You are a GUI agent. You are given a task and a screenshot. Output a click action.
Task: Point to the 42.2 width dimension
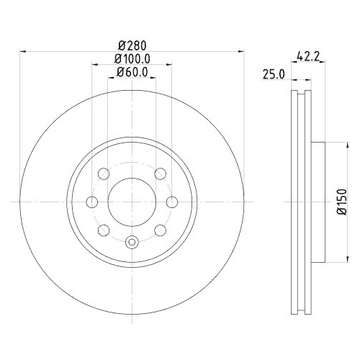(309, 54)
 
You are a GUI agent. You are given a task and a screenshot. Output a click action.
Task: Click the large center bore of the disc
(132, 202)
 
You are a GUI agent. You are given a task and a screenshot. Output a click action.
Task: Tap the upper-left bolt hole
(102, 174)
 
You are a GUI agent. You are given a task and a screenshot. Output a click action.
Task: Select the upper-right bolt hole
(161, 174)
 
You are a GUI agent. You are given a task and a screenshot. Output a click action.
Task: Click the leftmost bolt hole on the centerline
(91, 202)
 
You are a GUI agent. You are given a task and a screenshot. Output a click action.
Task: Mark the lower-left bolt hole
(102, 230)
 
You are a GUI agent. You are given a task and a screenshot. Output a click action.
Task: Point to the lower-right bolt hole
(161, 230)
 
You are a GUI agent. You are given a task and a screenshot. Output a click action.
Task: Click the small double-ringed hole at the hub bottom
(132, 243)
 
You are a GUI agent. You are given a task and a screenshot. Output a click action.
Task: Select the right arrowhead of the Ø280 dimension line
(240, 51)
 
